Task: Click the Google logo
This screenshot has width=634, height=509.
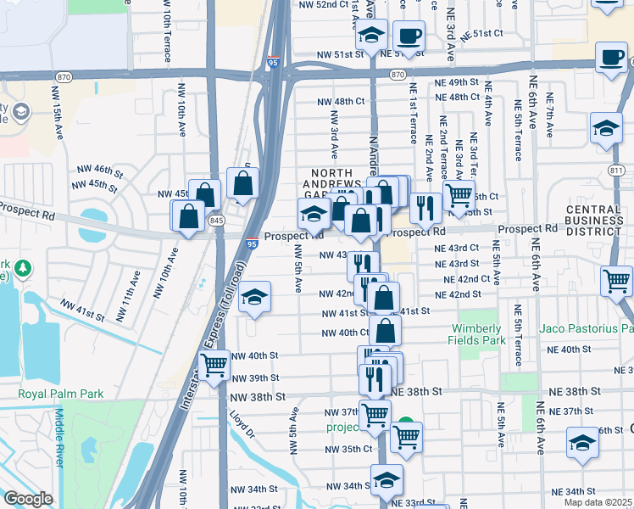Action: (28, 499)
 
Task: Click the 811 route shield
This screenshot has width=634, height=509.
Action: (621, 170)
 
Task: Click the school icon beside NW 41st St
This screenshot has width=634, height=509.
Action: (253, 298)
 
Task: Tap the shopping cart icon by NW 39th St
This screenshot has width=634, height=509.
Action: (215, 366)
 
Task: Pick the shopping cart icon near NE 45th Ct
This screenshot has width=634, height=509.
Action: (459, 195)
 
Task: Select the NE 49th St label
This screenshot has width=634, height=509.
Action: (463, 81)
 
